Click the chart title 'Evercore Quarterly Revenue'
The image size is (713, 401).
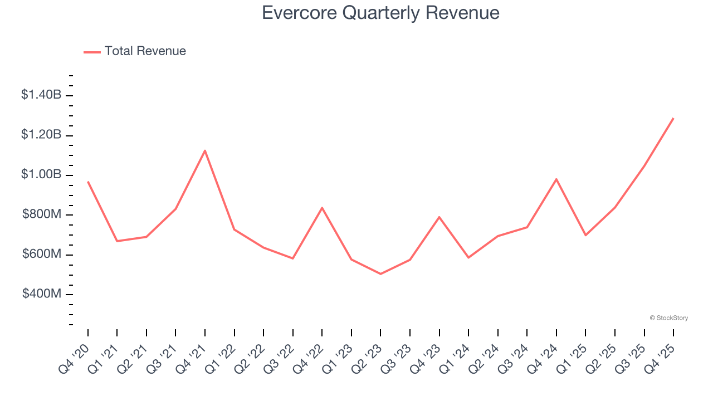pos(380,13)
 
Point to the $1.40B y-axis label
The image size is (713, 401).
pos(41,95)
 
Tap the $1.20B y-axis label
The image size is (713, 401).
pos(41,135)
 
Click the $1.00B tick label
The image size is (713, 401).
pos(41,175)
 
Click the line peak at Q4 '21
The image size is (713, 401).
pos(205,150)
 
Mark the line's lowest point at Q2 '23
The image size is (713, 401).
pos(380,274)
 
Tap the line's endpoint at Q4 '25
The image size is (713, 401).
pos(673,118)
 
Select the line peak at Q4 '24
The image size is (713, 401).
pos(556,179)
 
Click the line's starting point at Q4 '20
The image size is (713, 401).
pos(88,182)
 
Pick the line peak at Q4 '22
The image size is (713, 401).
pos(322,208)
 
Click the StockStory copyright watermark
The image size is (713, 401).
pos(668,318)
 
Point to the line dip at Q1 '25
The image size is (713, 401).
pos(585,235)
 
